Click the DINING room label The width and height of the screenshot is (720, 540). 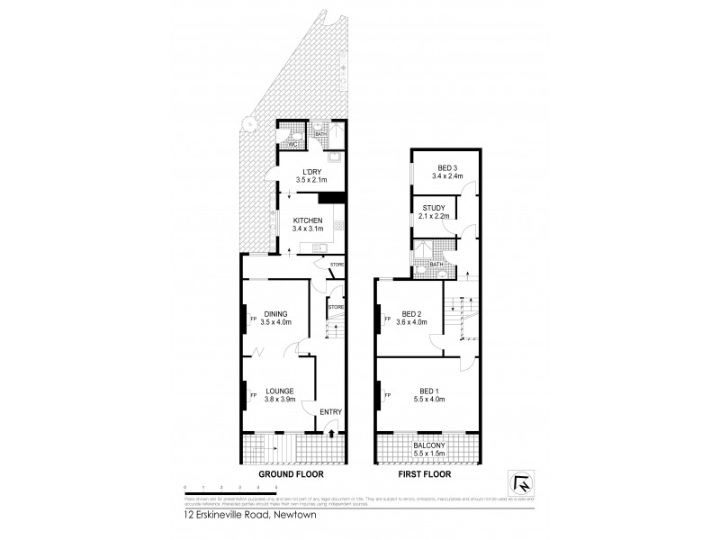tap(276, 313)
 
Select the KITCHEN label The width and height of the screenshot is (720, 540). tap(308, 220)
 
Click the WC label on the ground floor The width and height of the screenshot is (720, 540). tap(291, 144)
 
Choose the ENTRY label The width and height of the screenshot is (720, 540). tap(329, 412)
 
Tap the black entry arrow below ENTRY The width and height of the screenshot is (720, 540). tap(333, 434)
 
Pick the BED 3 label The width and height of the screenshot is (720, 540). tap(447, 167)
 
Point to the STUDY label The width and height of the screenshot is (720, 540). tap(433, 208)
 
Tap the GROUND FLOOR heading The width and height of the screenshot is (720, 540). tap(291, 472)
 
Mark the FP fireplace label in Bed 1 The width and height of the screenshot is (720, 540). tap(388, 395)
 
